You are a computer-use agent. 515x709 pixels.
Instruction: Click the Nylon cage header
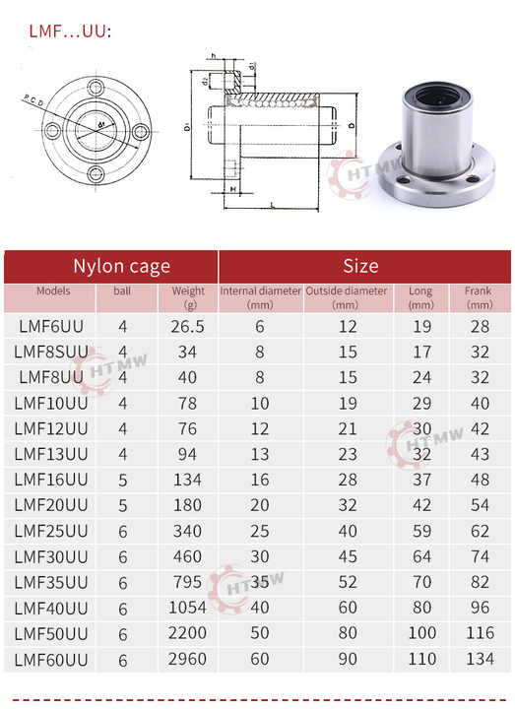point(121,266)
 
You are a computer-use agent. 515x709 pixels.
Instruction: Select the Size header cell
point(360,266)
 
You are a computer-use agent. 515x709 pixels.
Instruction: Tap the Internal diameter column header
point(260,297)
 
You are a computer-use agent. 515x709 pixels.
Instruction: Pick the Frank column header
point(478,297)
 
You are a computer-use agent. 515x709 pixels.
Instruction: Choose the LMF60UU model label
point(51,659)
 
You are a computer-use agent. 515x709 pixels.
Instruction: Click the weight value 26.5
point(187,326)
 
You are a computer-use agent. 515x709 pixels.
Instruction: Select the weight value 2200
point(187,633)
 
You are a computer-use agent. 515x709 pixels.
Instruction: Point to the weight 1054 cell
point(187,608)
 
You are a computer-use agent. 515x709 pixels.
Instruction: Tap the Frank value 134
point(479,659)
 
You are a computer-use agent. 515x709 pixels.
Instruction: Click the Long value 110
point(421,659)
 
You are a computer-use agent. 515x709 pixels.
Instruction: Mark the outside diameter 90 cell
point(347,659)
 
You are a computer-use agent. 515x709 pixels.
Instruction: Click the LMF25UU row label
point(51,531)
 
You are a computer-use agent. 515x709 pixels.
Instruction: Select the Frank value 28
point(479,326)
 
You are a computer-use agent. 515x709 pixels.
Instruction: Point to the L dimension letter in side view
point(271,204)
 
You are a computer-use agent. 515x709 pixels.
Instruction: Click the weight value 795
point(187,582)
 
